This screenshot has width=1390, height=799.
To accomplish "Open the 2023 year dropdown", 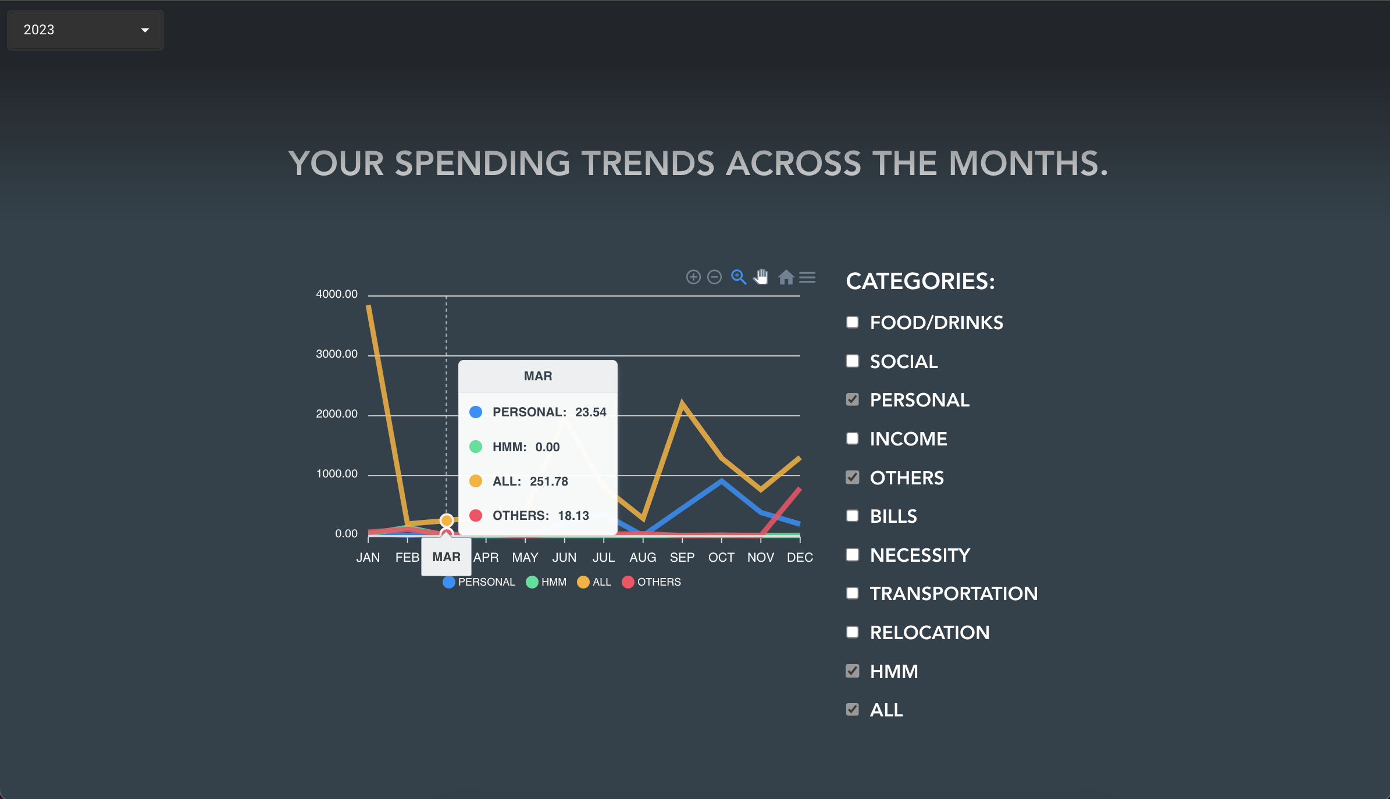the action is click(85, 30).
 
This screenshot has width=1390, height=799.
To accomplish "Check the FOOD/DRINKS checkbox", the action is click(853, 322).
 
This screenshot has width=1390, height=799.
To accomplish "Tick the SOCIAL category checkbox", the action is click(853, 361).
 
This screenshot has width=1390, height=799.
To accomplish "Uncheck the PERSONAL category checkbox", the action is click(853, 400).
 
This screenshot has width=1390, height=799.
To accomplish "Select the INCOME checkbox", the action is click(853, 438).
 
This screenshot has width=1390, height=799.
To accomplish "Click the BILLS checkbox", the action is click(853, 516).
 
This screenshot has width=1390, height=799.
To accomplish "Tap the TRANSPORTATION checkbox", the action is click(853, 593).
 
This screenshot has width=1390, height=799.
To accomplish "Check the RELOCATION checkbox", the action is click(853, 632).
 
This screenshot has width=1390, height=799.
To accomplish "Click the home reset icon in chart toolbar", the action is click(786, 277).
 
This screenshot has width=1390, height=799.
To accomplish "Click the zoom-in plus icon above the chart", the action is click(693, 277).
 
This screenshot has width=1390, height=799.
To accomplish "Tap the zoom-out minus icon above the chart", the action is click(715, 277).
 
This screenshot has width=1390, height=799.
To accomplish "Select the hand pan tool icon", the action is click(761, 277).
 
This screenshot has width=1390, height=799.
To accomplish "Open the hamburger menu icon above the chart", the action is click(807, 277).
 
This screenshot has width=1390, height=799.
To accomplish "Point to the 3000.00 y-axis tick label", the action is click(337, 354).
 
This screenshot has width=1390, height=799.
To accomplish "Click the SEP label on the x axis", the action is click(682, 558).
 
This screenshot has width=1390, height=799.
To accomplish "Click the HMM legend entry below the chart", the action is click(546, 582).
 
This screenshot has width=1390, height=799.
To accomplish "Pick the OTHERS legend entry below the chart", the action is click(651, 582).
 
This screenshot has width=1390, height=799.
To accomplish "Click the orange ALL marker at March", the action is click(447, 520).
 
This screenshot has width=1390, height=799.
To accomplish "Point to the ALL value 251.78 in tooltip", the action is click(549, 481).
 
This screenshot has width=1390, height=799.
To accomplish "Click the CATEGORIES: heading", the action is click(921, 281).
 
